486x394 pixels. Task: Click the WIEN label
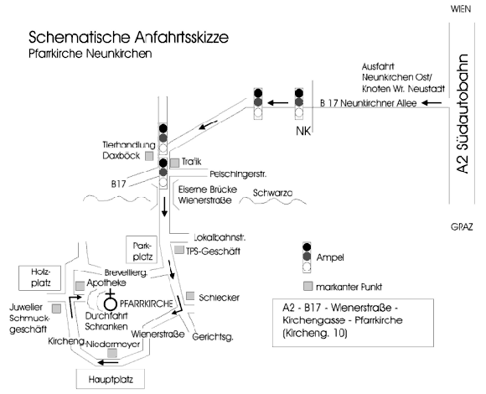(461, 9)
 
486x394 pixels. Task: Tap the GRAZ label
(462, 227)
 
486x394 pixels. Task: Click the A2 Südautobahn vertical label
(463, 114)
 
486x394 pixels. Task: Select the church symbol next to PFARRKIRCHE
(110, 300)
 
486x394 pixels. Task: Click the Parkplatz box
(142, 250)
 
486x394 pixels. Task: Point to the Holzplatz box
(39, 277)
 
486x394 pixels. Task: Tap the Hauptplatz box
(111, 379)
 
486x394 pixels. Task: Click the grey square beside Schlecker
(190, 296)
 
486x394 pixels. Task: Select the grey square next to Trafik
(174, 163)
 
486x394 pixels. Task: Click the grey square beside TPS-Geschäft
(178, 250)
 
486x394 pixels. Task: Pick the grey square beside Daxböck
(149, 156)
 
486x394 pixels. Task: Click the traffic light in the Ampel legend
(307, 257)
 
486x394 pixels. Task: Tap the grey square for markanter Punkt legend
(308, 286)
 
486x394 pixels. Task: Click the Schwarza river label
(272, 193)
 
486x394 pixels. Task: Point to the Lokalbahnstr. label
(220, 238)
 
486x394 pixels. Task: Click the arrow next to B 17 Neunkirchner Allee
(432, 102)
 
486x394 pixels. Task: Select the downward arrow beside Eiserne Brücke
(164, 206)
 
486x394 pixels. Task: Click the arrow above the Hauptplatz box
(107, 362)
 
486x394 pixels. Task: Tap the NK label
(303, 131)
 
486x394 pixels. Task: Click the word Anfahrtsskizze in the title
(182, 37)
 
